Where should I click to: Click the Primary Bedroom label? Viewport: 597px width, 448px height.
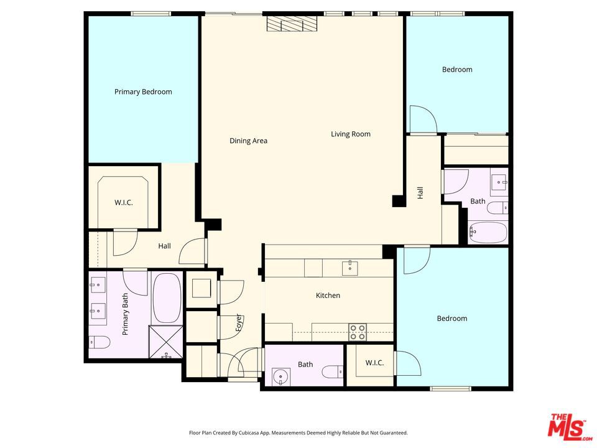pyautogui.click(x=143, y=92)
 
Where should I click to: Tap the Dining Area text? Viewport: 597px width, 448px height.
pyautogui.click(x=248, y=141)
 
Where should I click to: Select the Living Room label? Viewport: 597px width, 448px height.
pyautogui.click(x=350, y=134)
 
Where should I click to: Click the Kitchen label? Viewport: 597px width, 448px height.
pyautogui.click(x=328, y=295)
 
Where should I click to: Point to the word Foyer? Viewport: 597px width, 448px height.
pyautogui.click(x=239, y=322)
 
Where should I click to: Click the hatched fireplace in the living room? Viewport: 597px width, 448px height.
pyautogui.click(x=292, y=24)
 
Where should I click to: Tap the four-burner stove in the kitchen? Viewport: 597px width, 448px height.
pyautogui.click(x=358, y=332)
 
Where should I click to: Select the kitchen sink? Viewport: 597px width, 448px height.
pyautogui.click(x=349, y=268)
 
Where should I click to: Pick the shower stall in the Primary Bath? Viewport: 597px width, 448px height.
pyautogui.click(x=165, y=342)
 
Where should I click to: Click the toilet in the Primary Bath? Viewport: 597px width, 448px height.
pyautogui.click(x=99, y=342)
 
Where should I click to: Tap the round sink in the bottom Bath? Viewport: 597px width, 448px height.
pyautogui.click(x=280, y=377)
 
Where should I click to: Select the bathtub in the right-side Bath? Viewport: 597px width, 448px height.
pyautogui.click(x=488, y=232)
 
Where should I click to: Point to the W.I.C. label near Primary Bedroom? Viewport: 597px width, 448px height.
pyautogui.click(x=124, y=203)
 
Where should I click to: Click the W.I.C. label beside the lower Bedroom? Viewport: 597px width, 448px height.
pyautogui.click(x=374, y=363)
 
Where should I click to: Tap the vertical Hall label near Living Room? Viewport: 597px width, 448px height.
pyautogui.click(x=420, y=193)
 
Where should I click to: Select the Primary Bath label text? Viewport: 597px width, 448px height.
pyautogui.click(x=125, y=314)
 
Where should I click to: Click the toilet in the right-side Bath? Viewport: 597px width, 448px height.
pyautogui.click(x=497, y=208)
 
